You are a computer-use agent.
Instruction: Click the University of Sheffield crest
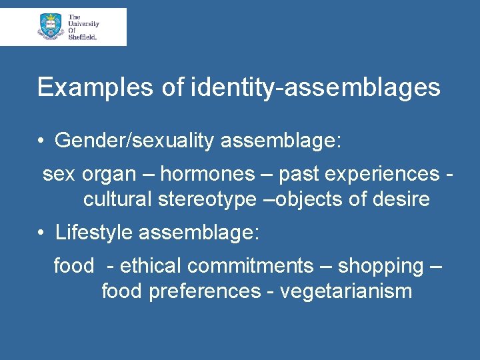[x=51, y=27]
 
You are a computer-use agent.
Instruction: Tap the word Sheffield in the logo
[x=83, y=37]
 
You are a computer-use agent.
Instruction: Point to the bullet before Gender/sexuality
[x=41, y=141]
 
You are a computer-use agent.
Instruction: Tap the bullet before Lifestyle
[x=41, y=233]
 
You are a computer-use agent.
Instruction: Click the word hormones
[x=207, y=174]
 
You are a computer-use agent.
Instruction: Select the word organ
[x=110, y=175]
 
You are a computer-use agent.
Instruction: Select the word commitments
[x=250, y=266]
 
